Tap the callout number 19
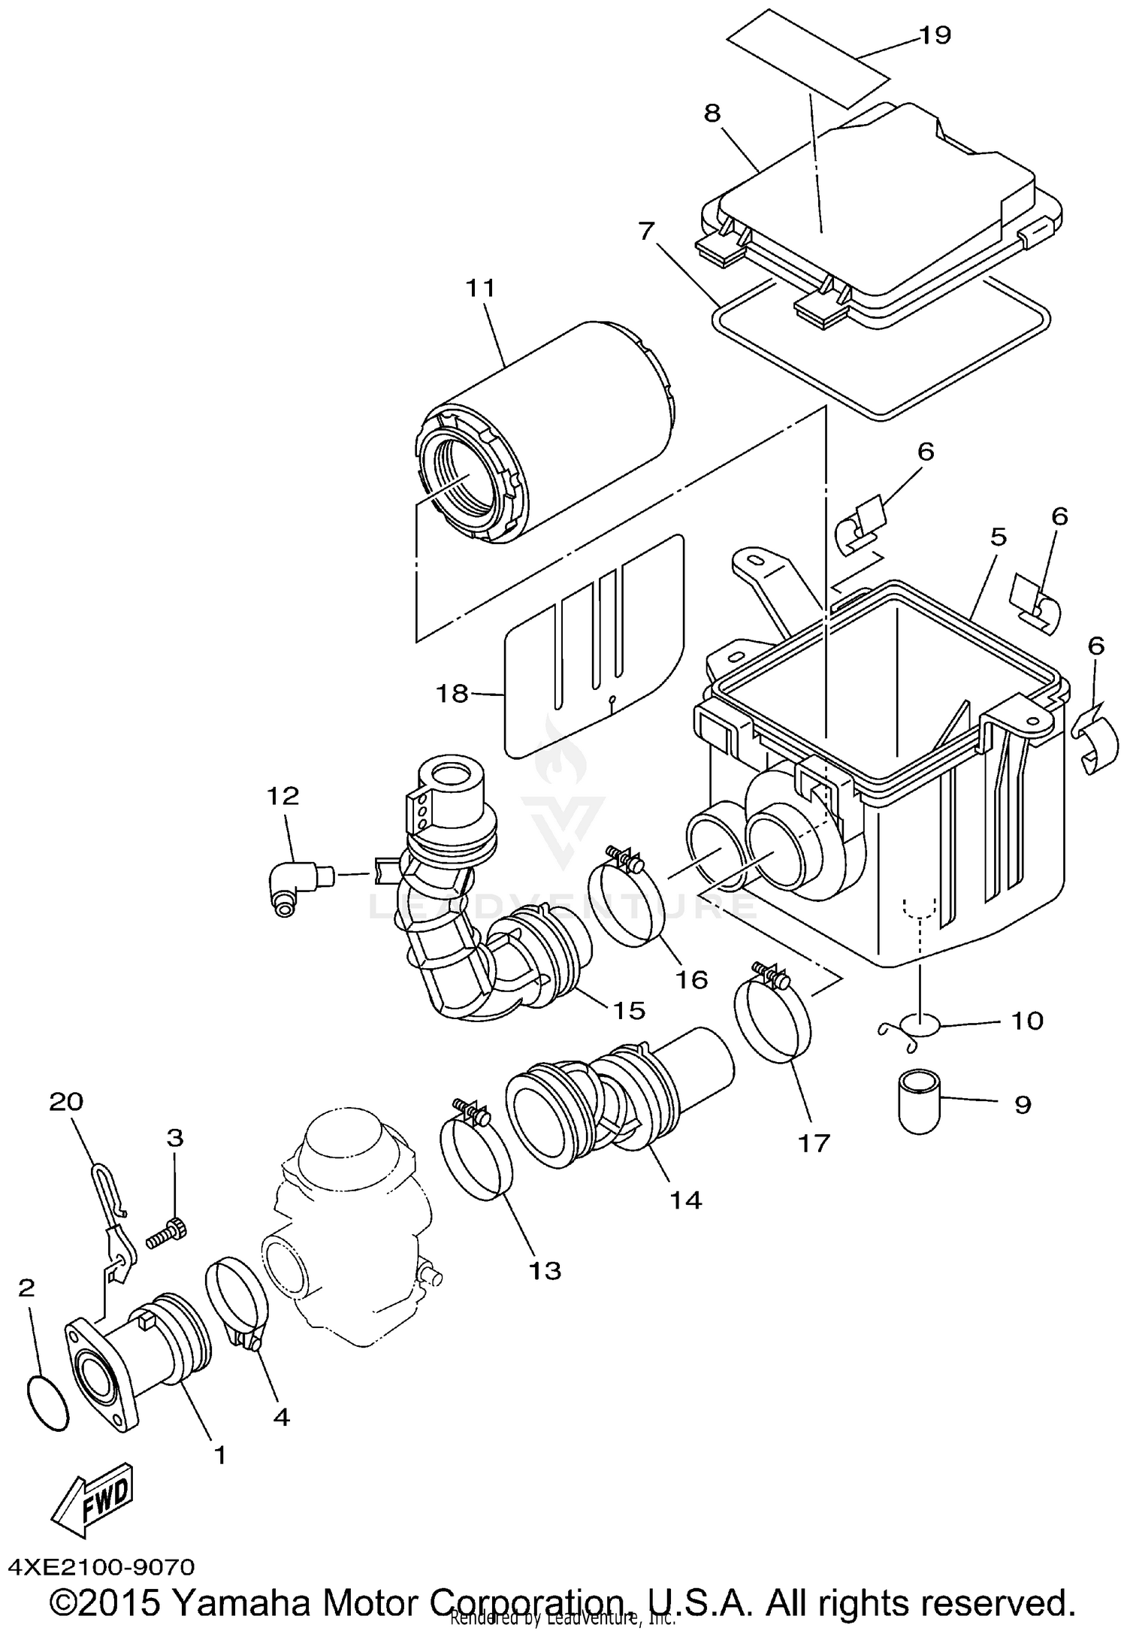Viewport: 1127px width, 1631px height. point(935,35)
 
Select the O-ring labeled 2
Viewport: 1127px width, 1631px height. point(49,1403)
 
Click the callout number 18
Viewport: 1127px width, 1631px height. point(452,693)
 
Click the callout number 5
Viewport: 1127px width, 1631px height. point(998,537)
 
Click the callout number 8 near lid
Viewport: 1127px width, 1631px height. point(712,113)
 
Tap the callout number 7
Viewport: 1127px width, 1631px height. point(646,231)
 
